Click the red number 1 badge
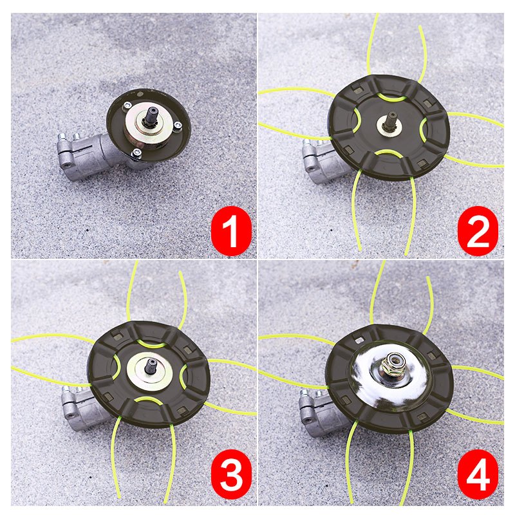[232, 231]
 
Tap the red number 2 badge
[478, 231]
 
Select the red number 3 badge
[232, 474]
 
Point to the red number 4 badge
[478, 474]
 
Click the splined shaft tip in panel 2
[393, 119]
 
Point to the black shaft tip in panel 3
[152, 366]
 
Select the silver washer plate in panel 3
[150, 372]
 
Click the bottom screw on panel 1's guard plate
[136, 153]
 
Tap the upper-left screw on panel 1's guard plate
[126, 106]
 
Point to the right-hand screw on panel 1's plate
[178, 125]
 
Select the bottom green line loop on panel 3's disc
[148, 398]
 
